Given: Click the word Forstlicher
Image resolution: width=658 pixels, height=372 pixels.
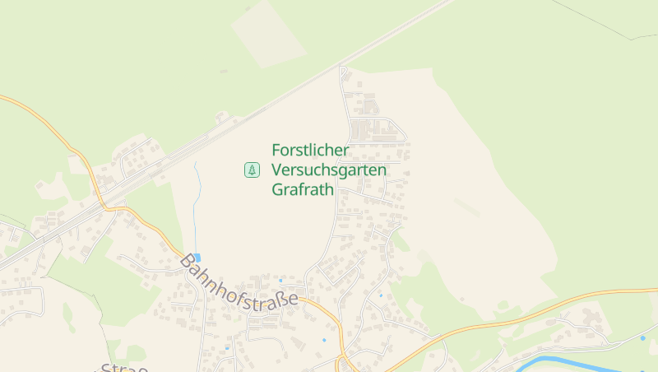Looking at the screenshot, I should tap(310, 151).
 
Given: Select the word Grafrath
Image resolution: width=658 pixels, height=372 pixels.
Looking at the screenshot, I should tap(303, 190).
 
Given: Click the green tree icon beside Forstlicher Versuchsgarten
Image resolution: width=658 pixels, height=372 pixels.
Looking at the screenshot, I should tap(252, 170).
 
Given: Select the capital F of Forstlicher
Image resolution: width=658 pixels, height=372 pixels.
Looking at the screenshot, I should tap(276, 151).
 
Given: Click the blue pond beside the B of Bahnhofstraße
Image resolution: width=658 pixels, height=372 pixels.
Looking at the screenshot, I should tap(197, 257).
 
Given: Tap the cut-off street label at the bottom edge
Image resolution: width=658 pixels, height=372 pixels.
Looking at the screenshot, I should tap(123, 366).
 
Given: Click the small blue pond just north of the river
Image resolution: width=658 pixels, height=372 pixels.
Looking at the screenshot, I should tap(642, 338).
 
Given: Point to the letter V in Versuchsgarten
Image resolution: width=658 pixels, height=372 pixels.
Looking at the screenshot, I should tap(277, 170).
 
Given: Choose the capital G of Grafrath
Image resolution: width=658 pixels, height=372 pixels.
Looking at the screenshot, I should tap(277, 190).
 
